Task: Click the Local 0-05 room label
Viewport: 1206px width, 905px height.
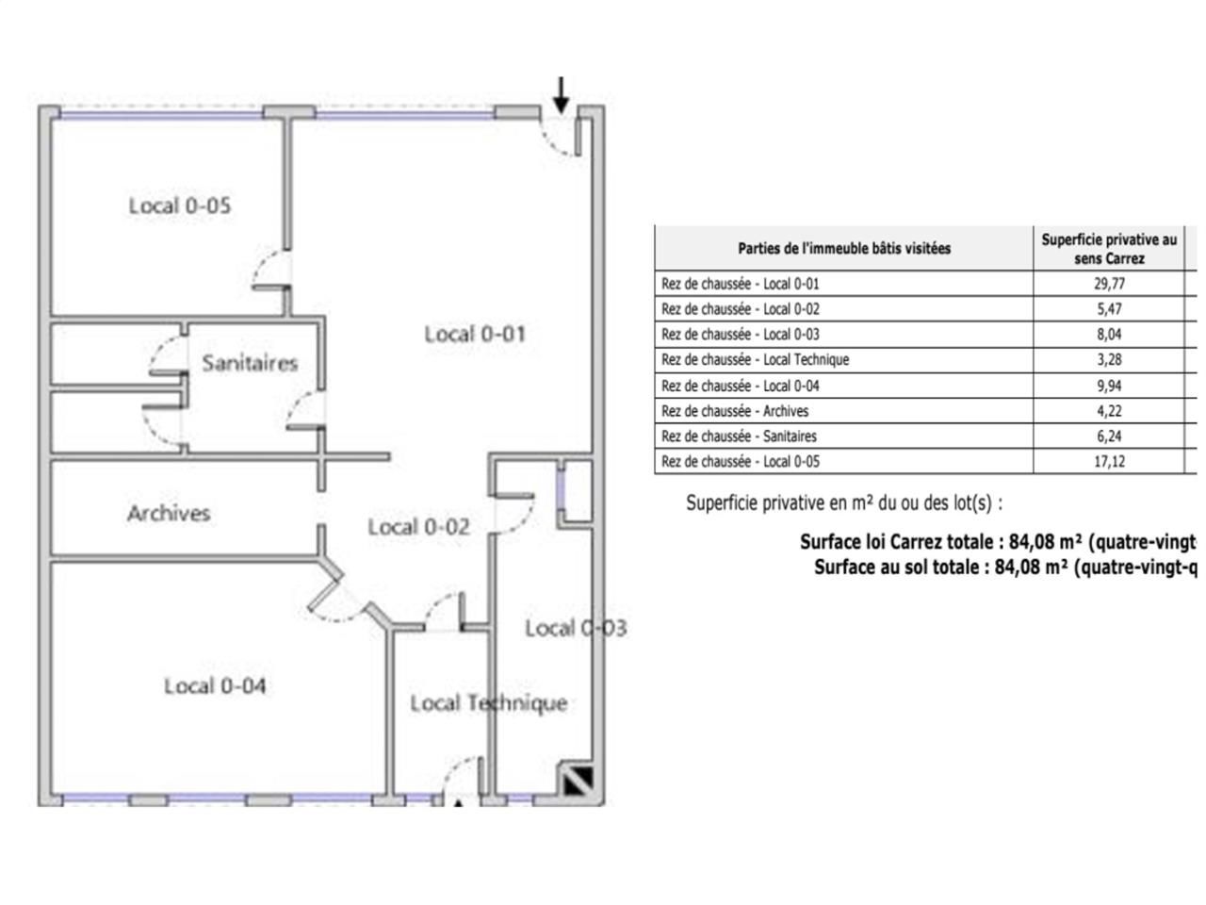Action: pyautogui.click(x=180, y=206)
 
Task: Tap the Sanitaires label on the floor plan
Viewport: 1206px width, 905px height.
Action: pyautogui.click(x=250, y=363)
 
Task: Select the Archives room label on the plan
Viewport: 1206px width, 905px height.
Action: pyautogui.click(x=169, y=514)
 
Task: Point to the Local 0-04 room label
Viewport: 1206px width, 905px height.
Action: pyautogui.click(x=215, y=685)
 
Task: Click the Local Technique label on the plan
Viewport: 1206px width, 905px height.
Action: pyautogui.click(x=488, y=703)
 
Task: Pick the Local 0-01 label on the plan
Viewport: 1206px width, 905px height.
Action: pyautogui.click(x=475, y=334)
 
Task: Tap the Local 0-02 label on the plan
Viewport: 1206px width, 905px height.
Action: pyautogui.click(x=418, y=527)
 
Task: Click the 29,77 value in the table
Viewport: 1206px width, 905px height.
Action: pyautogui.click(x=1109, y=283)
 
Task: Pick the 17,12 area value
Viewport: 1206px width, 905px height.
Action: pyautogui.click(x=1109, y=462)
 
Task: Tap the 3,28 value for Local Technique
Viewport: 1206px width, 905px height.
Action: pyautogui.click(x=1109, y=359)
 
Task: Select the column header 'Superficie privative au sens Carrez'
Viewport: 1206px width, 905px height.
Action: pyautogui.click(x=1109, y=249)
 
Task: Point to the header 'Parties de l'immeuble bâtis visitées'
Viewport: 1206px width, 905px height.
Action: pyautogui.click(x=844, y=249)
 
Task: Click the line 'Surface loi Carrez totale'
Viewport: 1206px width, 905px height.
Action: pyautogui.click(x=997, y=542)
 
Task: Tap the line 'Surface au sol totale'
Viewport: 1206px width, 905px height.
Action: pyautogui.click(x=1004, y=568)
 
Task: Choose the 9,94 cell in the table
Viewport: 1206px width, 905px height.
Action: pyautogui.click(x=1109, y=386)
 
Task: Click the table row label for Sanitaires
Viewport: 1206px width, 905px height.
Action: pyautogui.click(x=739, y=436)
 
